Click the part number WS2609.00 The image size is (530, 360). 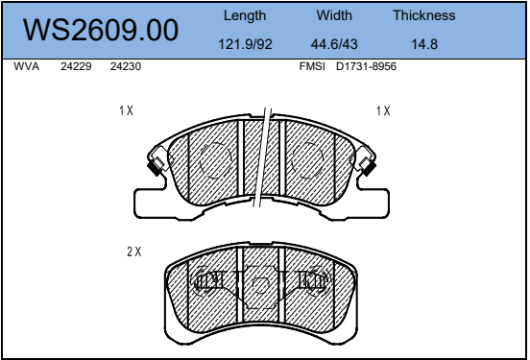[x=101, y=30]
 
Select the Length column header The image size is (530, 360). [x=245, y=16]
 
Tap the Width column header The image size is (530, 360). [x=334, y=15]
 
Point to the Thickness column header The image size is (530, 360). [x=423, y=15]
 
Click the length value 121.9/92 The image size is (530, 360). [x=245, y=44]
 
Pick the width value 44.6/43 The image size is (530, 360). [x=334, y=44]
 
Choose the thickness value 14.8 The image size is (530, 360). [x=424, y=44]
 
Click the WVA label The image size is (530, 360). [x=26, y=66]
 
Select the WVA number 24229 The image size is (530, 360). [x=76, y=66]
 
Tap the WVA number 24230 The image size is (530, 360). [x=126, y=66]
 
